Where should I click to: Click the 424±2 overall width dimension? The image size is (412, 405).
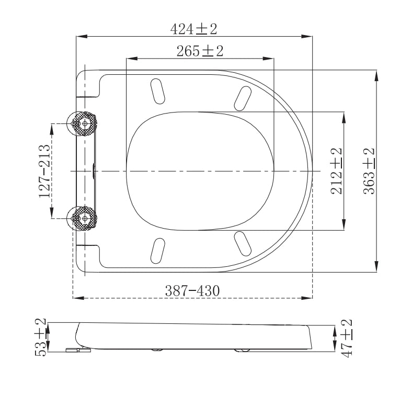tap(193, 29)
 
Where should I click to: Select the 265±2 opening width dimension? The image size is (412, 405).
tap(200, 51)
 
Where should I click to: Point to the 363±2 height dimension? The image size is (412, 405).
tap(370, 171)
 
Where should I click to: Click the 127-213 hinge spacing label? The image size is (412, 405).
tap(45, 171)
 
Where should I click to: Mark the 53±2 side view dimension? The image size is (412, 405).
tap(41, 337)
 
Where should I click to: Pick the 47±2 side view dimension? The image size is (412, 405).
tap(346, 337)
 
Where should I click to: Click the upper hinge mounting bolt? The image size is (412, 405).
tap(84, 123)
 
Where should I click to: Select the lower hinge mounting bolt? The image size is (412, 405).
tap(84, 218)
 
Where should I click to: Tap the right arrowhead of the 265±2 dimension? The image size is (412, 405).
tap(271, 58)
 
